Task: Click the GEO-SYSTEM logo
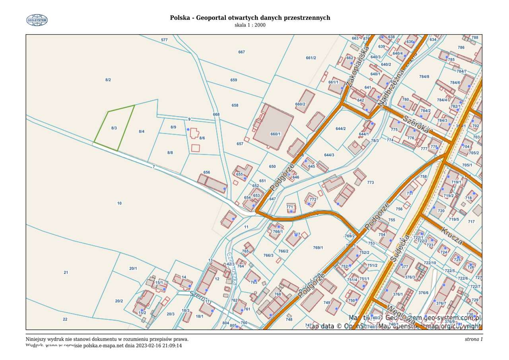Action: point(37,20)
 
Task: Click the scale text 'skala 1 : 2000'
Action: point(250,25)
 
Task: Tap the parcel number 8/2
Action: point(108,80)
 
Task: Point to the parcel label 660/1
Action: point(276,134)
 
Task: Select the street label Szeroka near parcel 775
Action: point(418,124)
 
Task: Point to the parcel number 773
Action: point(370,183)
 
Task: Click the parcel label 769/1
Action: point(318,248)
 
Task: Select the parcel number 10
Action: point(119,203)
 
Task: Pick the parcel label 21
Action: point(66,272)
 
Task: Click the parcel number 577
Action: point(164,40)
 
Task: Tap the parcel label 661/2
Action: point(311,58)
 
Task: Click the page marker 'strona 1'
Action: point(473,339)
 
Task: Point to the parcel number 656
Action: point(206,172)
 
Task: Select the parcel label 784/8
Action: point(424,76)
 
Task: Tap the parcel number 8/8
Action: point(170,152)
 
